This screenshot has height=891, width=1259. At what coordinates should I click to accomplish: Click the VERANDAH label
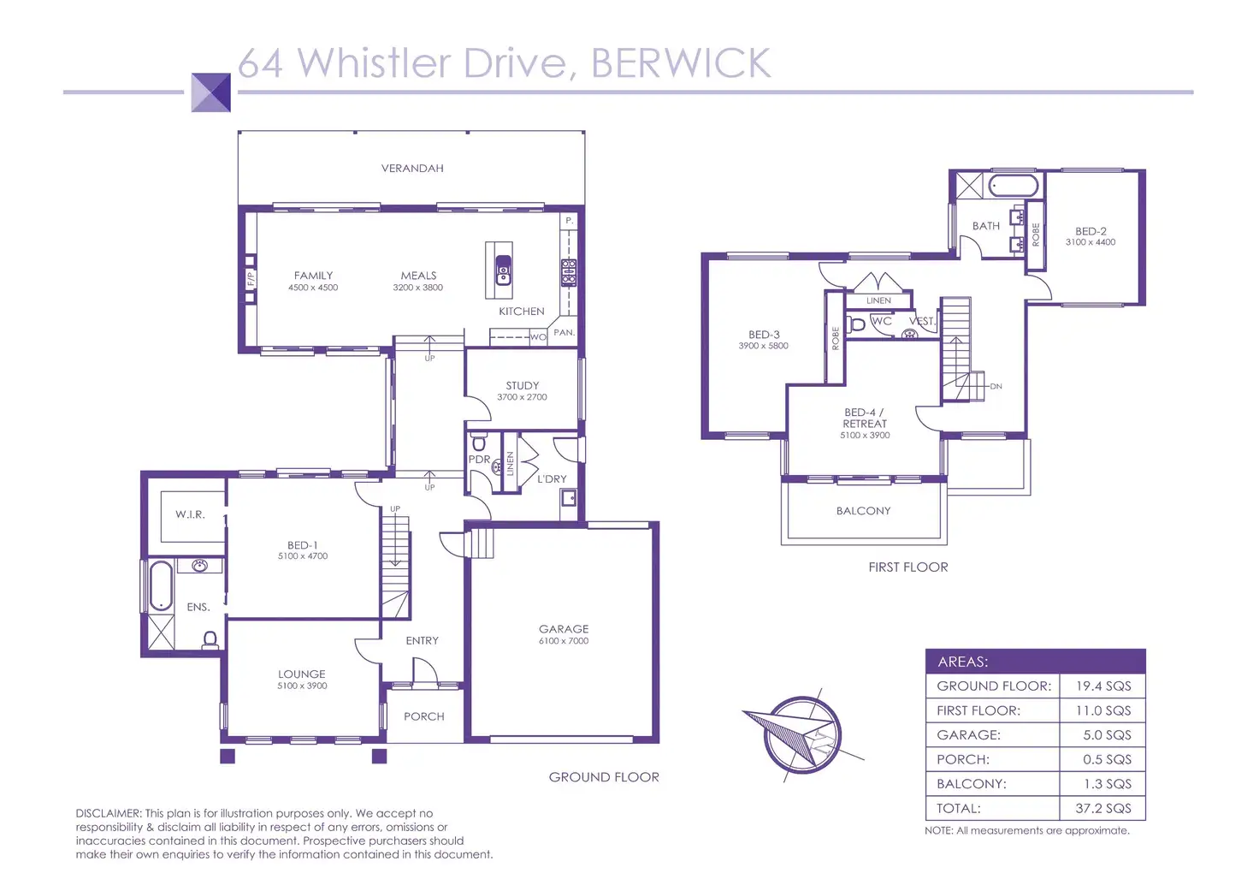(412, 169)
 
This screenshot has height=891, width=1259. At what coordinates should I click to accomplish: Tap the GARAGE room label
(564, 629)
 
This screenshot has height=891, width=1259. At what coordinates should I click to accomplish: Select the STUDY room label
(522, 386)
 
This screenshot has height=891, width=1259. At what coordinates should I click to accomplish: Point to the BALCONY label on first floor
(863, 511)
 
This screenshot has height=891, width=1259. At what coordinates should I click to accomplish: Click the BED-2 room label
(1091, 231)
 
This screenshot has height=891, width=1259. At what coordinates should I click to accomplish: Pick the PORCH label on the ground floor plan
(424, 716)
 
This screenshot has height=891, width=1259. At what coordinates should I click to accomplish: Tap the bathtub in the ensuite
(160, 585)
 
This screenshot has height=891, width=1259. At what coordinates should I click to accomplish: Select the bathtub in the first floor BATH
(1014, 186)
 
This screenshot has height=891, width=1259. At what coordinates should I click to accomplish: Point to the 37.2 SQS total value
(1102, 808)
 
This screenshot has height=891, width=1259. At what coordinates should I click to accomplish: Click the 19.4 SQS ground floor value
(1103, 686)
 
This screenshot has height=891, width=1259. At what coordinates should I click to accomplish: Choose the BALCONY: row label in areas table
(972, 783)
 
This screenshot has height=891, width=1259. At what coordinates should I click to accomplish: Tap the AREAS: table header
(962, 662)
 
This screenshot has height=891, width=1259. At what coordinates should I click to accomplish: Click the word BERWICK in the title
(681, 63)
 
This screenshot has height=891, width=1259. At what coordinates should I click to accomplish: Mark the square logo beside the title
(210, 92)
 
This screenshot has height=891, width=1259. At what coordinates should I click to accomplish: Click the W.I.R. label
(190, 514)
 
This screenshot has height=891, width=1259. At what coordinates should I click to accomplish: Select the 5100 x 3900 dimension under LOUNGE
(302, 686)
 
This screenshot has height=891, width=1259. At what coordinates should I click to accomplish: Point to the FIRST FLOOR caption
(907, 567)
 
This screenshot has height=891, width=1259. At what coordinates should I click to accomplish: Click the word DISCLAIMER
(108, 813)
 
